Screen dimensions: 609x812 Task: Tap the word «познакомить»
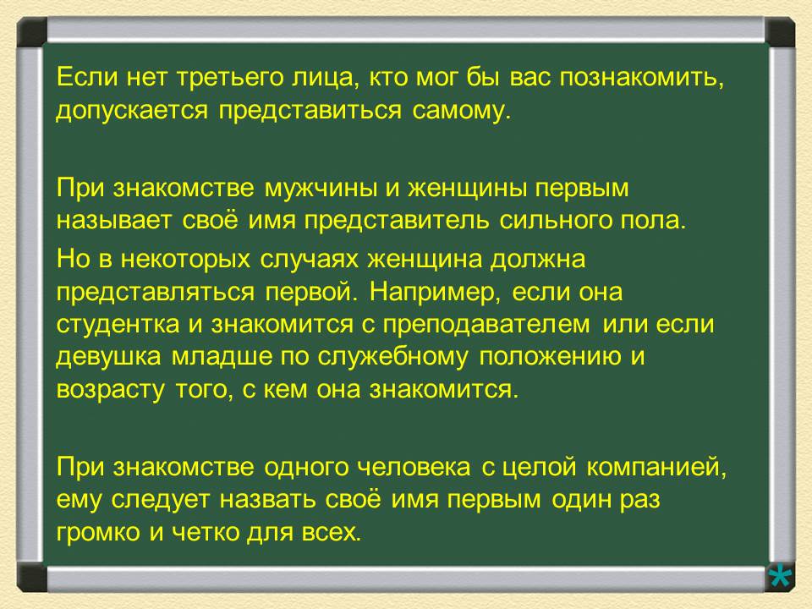pyautogui.click(x=642, y=80)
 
